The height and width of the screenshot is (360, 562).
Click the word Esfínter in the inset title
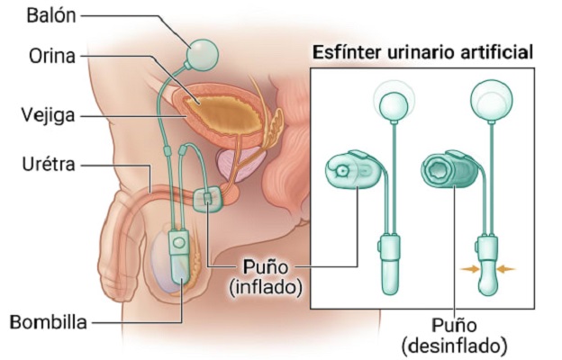343,53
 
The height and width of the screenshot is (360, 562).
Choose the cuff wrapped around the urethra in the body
206,198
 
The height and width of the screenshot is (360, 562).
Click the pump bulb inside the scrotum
181,261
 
